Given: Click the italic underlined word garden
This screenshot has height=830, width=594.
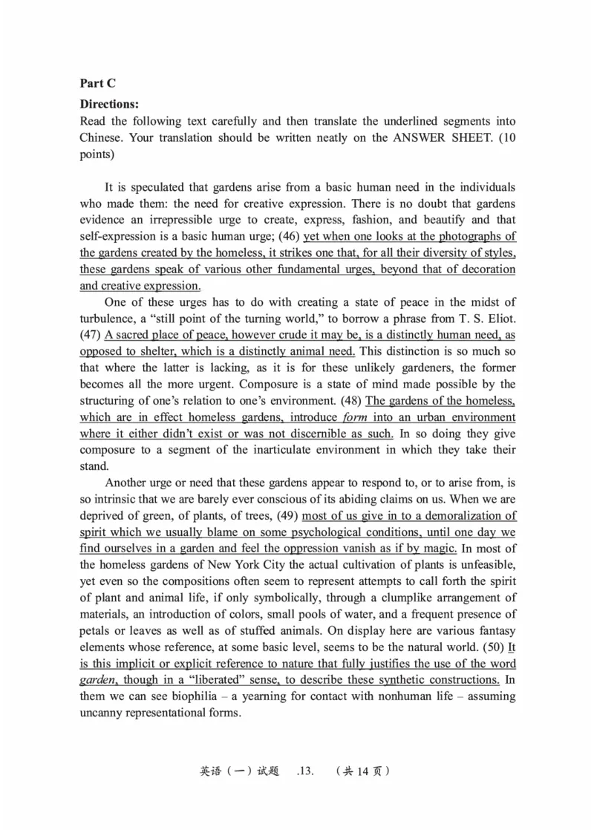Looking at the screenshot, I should tap(97, 679).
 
